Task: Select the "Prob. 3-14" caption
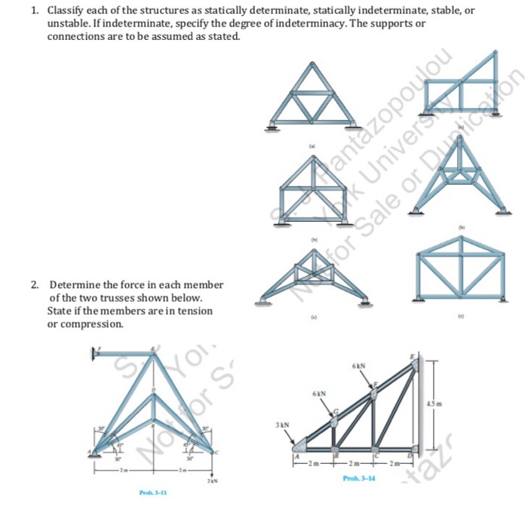(359, 478)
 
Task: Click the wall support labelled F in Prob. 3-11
(97, 352)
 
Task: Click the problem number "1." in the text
(35, 11)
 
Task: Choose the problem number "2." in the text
(35, 285)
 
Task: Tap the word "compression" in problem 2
(89, 324)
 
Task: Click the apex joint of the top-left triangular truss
(313, 66)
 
